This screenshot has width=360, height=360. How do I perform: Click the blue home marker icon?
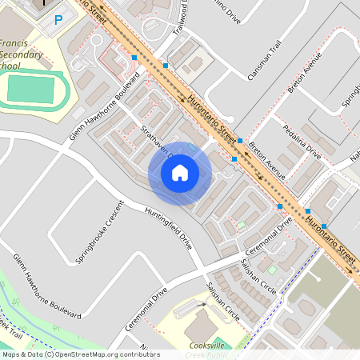pyautogui.click(x=180, y=173)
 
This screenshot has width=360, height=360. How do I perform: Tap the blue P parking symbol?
pyautogui.click(x=58, y=20)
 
